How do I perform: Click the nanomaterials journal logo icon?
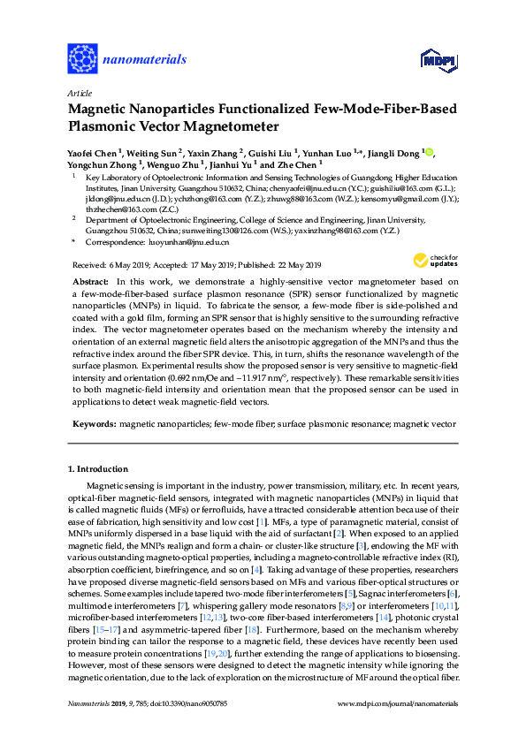[x=82, y=59]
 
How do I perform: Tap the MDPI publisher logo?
[x=443, y=60]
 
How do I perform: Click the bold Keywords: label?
[x=94, y=425]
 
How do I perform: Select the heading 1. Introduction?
[x=98, y=468]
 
